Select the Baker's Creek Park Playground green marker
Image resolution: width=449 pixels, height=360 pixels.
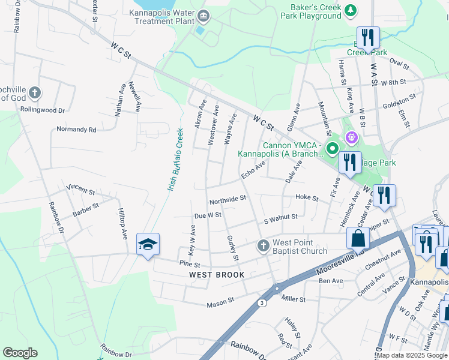click(350, 10)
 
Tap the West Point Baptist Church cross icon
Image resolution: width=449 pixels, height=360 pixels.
click(262, 245)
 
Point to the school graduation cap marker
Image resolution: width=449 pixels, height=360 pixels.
click(148, 245)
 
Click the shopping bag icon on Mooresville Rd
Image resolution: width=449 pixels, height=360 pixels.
click(358, 238)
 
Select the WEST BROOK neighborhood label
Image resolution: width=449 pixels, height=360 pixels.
click(217, 275)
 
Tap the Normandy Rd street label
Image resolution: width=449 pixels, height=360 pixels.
click(76, 129)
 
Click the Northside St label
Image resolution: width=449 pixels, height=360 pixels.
click(228, 198)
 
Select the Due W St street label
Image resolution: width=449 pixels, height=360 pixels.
click(208, 215)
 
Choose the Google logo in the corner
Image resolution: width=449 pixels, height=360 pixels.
click(20, 353)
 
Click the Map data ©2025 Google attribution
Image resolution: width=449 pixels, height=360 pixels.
click(412, 355)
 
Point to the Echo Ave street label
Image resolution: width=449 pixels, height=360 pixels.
click(253, 170)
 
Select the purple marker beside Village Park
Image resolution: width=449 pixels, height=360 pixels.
click(351, 137)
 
